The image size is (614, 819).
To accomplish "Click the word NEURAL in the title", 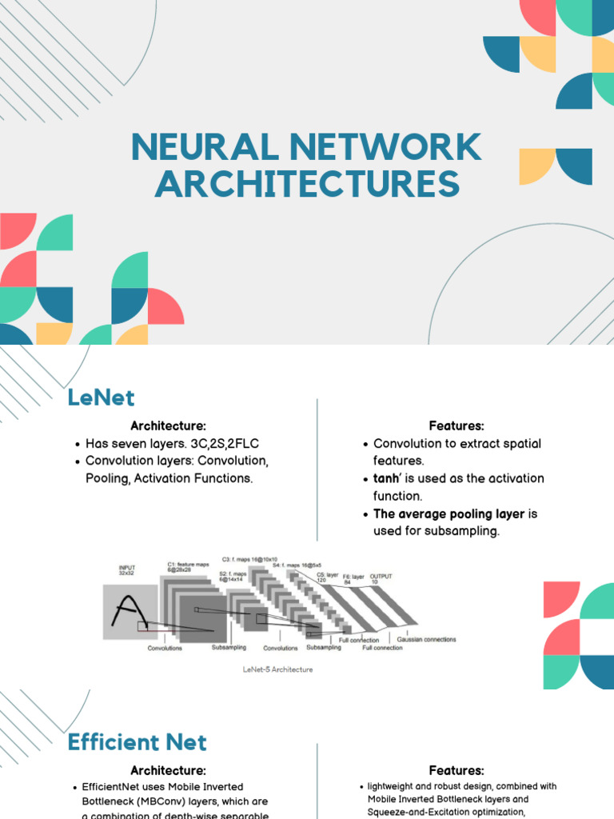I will [205, 148].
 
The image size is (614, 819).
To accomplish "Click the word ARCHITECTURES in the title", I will [307, 185].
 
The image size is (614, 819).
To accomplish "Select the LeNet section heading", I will [101, 398].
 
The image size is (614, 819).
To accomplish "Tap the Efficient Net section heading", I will [137, 742].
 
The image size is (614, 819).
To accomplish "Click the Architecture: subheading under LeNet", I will [168, 426].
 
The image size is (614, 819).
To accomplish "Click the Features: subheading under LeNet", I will [457, 426].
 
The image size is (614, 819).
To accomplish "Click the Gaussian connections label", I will [426, 640].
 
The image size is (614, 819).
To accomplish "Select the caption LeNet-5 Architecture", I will [277, 669].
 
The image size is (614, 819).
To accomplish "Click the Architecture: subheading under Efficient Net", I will [168, 771].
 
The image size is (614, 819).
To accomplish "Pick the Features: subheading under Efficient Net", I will [457, 771].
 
